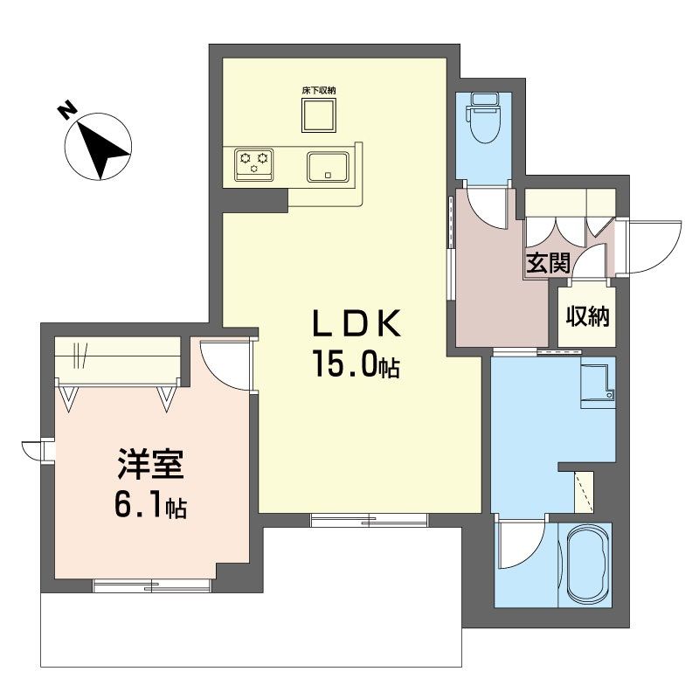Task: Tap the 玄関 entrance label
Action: pos(547,262)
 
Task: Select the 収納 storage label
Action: pos(586,316)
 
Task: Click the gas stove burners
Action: pos(253,163)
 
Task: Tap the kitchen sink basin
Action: pos(328,165)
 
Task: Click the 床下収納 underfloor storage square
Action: pos(319,114)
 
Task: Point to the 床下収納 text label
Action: pos(319,90)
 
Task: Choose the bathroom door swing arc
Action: pos(520,542)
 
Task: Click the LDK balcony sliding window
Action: pos(370,520)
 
